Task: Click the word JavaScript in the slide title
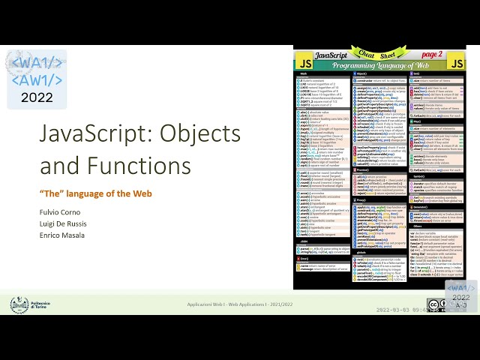pos(84,135)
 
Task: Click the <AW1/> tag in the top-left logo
pos(37,80)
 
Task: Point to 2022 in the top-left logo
pos(37,97)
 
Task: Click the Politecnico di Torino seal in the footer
pos(19,304)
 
